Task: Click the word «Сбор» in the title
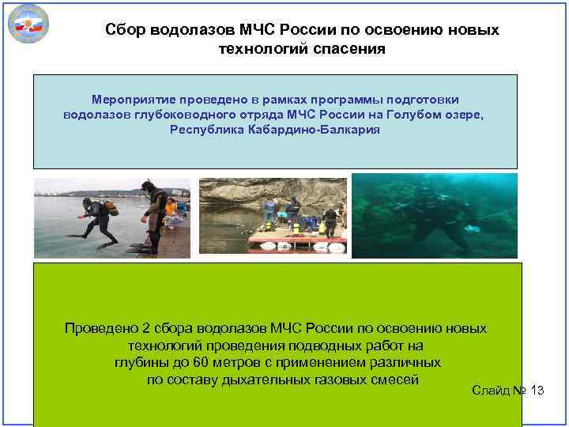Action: [124, 30]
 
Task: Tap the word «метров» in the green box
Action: [239, 363]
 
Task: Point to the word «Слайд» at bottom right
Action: [491, 391]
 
